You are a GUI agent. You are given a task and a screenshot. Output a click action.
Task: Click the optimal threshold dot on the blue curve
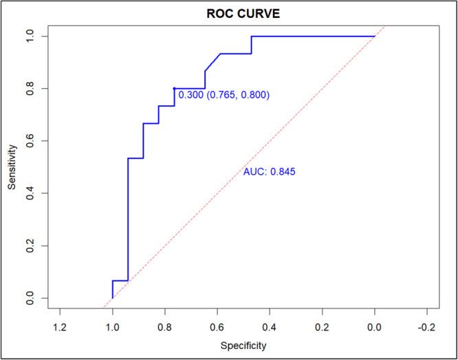coord(175,88)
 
